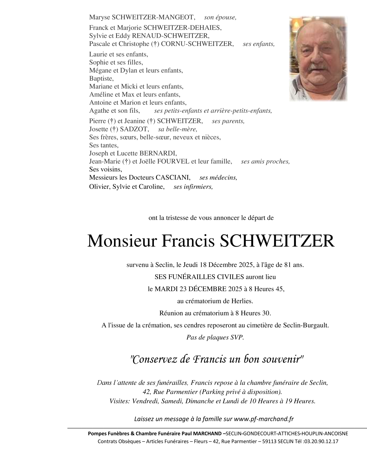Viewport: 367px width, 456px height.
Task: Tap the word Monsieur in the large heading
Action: coord(122,241)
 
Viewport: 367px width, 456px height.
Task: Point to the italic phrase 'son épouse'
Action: coord(220,18)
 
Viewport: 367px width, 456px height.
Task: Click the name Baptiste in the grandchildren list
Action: coord(101,79)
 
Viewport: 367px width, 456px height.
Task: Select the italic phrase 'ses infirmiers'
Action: coord(193,187)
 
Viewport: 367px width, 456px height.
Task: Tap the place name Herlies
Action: coord(242,301)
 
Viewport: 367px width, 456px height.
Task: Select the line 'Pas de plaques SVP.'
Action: coord(215,337)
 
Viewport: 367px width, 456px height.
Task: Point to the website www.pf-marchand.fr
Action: coord(264,419)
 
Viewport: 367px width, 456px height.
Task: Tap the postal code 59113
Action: coord(268,441)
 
